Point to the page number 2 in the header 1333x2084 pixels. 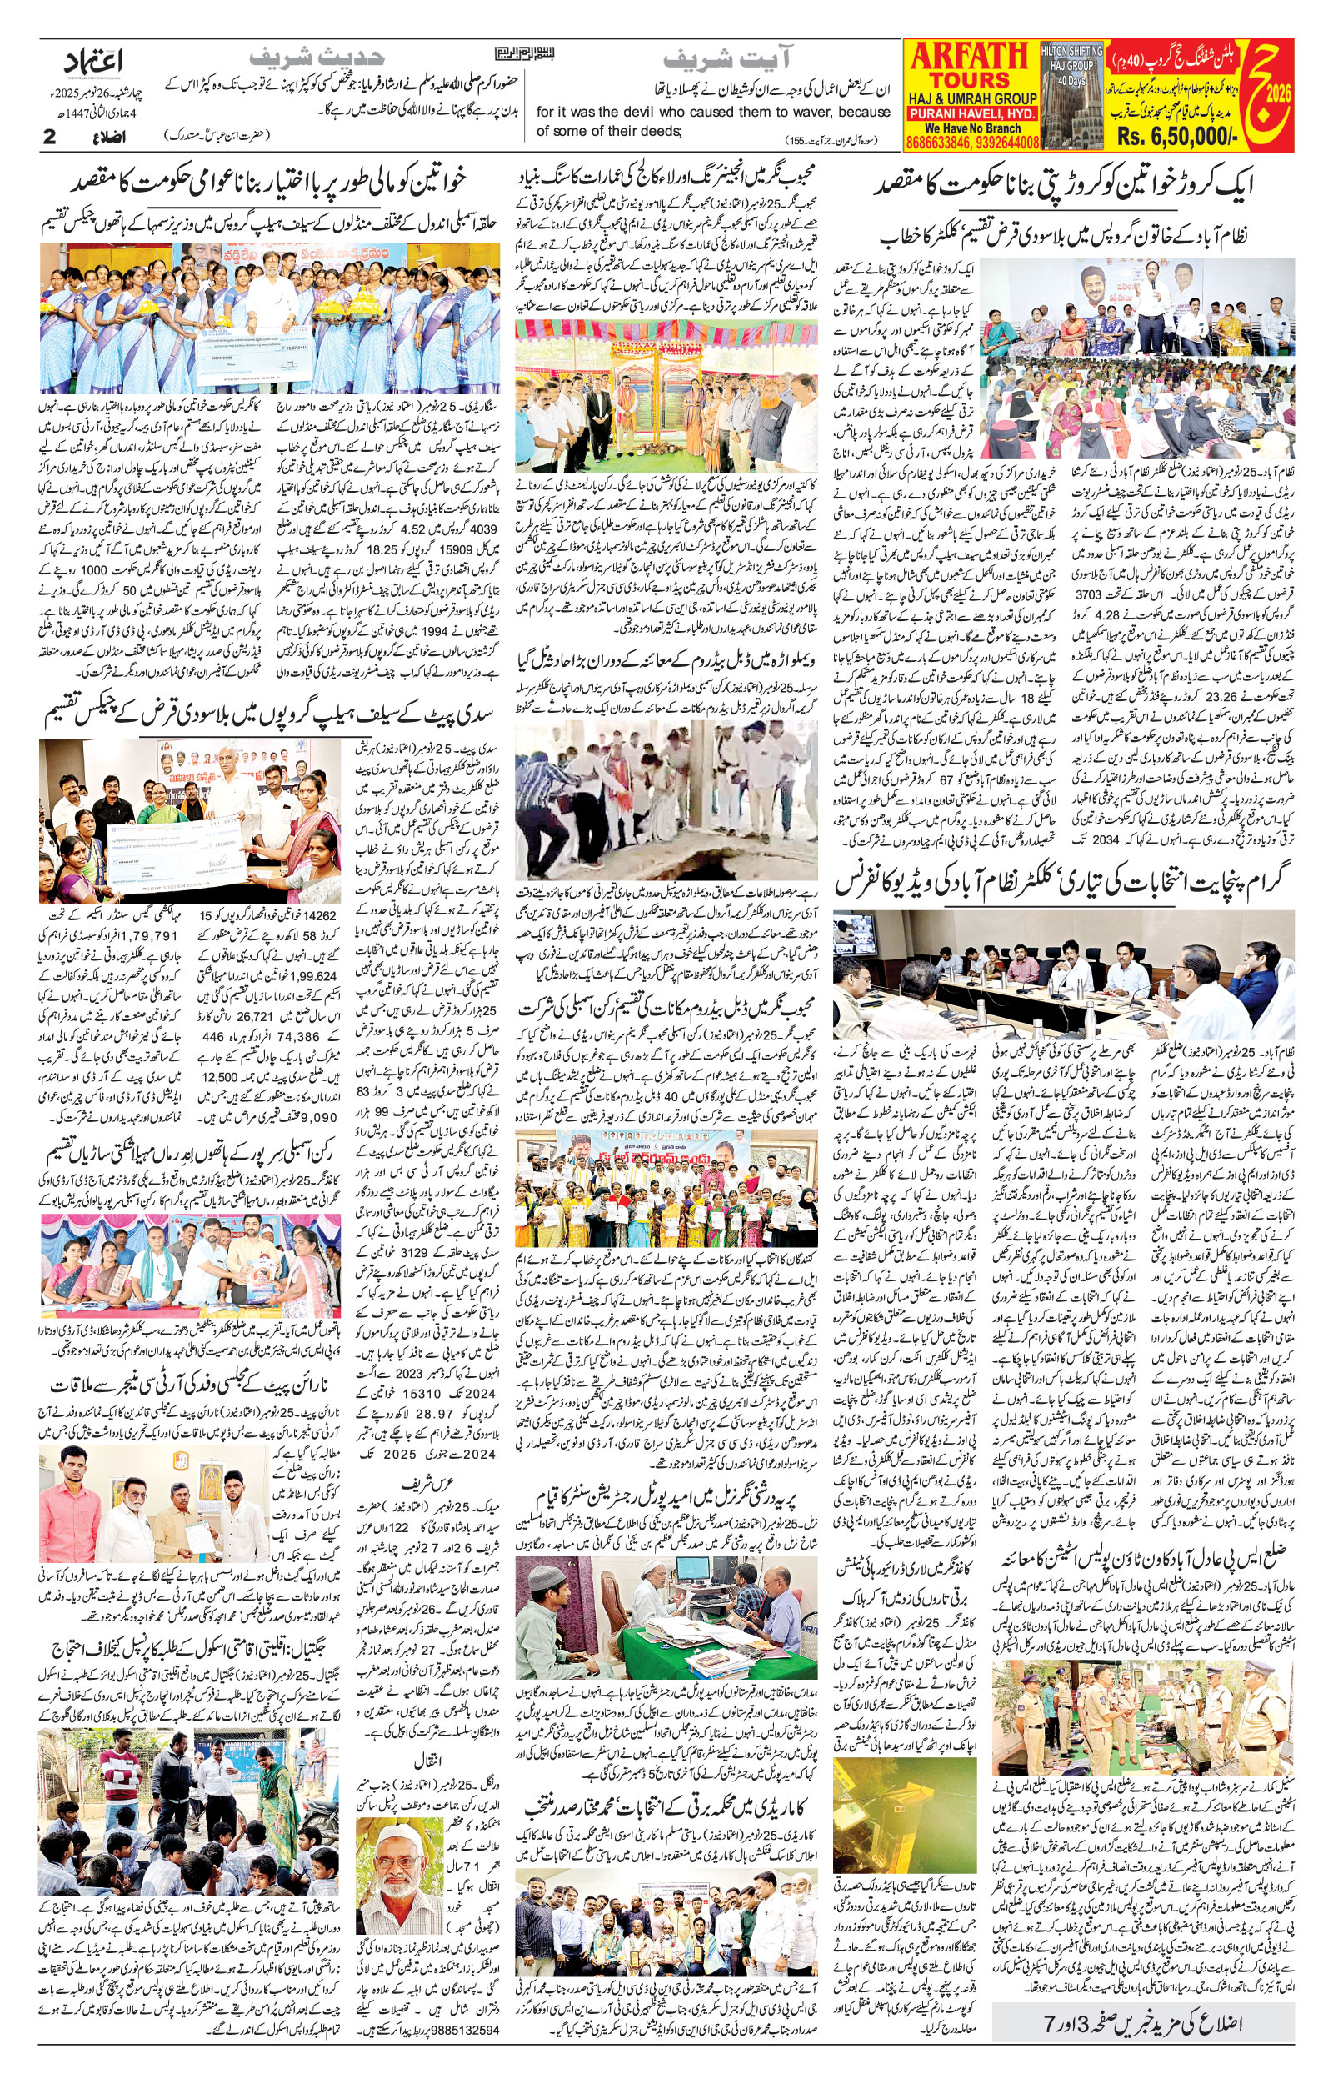click(x=49, y=137)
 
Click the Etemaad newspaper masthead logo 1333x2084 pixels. click(x=96, y=63)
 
